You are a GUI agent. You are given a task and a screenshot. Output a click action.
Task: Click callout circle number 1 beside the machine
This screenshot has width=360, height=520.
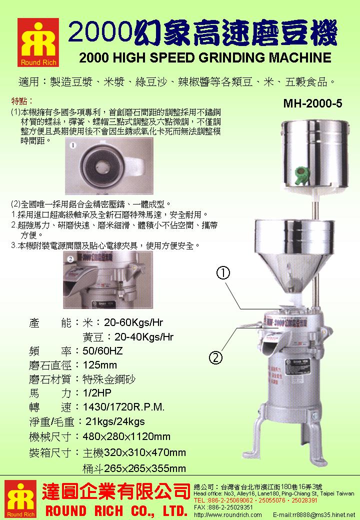click(223, 273)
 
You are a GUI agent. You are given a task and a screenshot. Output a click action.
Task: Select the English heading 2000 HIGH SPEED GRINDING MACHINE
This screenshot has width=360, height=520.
click(205, 57)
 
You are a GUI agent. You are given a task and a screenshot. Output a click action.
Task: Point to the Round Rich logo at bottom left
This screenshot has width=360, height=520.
click(18, 498)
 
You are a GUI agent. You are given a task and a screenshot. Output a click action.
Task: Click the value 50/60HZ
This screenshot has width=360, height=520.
click(102, 351)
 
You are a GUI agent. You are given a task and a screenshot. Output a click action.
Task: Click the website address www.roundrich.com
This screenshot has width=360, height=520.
click(227, 514)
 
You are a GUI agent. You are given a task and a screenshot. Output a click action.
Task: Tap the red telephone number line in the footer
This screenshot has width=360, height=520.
click(254, 500)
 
